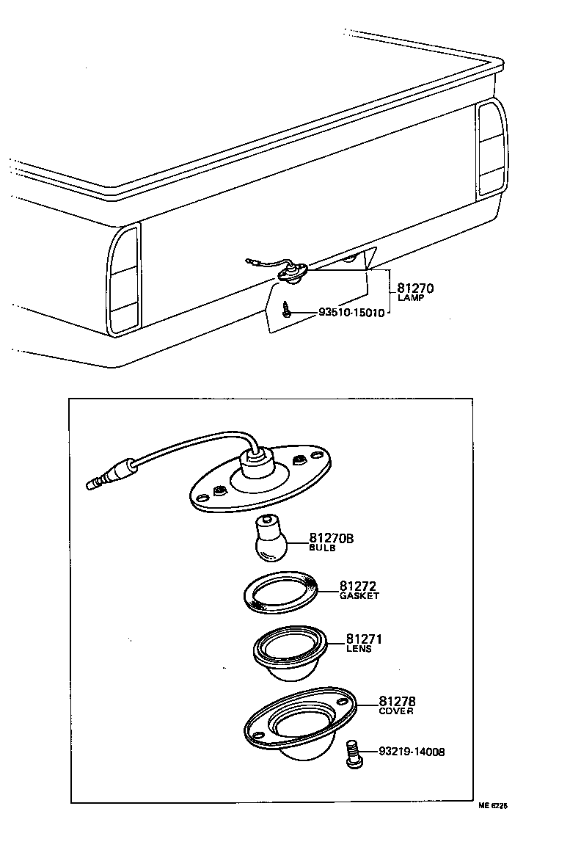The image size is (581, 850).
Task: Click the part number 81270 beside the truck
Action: tap(414, 288)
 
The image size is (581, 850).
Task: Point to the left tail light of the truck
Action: tap(123, 278)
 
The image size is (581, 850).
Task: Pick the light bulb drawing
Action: tap(267, 540)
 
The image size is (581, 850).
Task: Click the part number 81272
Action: tap(357, 586)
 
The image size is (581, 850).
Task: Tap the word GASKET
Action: tap(359, 596)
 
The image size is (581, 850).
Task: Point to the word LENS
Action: tap(359, 649)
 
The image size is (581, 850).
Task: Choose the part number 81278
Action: tap(397, 702)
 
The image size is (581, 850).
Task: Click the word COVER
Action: tap(396, 711)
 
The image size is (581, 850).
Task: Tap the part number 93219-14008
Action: tap(412, 752)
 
